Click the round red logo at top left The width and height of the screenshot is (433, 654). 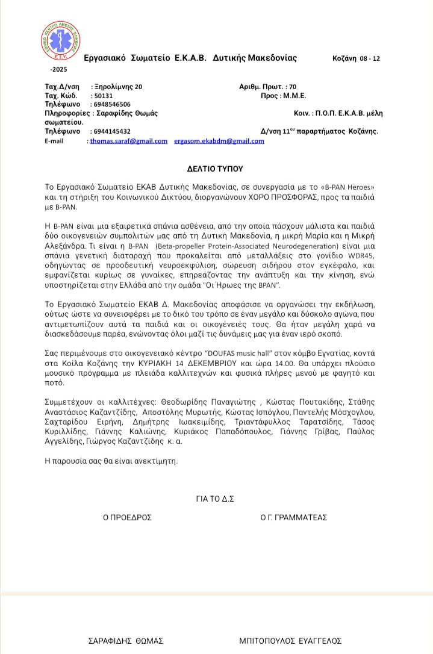[x=61, y=42]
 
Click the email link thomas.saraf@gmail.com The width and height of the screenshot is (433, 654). [x=129, y=141]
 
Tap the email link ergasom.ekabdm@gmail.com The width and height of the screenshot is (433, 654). [x=219, y=141]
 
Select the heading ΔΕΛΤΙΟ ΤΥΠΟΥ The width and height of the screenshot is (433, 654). [x=214, y=169]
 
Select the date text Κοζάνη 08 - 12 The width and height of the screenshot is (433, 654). [x=356, y=58]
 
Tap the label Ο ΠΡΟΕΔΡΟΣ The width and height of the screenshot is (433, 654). [x=127, y=517]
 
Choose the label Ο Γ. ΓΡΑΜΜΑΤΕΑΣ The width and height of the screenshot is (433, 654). [x=294, y=517]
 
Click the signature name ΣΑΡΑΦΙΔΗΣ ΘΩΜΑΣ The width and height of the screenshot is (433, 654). [x=126, y=641]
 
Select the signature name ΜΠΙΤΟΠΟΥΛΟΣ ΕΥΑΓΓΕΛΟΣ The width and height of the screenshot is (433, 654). [x=290, y=641]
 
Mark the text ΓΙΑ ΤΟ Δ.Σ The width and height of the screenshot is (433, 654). [x=214, y=499]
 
